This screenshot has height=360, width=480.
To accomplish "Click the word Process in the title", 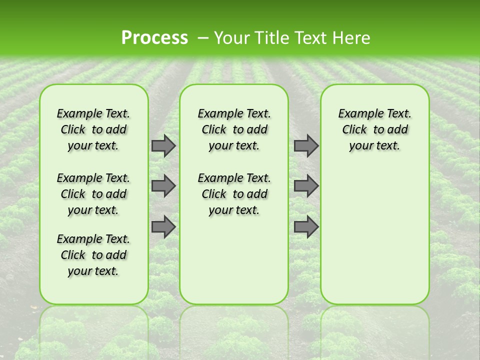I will pyautogui.click(x=154, y=38).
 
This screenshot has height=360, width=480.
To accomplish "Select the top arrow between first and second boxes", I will pyautogui.click(x=163, y=146).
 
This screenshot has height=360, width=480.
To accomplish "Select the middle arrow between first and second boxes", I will pyautogui.click(x=163, y=186).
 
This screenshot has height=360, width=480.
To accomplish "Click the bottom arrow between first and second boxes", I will pyautogui.click(x=163, y=227).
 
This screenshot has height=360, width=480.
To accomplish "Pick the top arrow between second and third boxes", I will pyautogui.click(x=306, y=146).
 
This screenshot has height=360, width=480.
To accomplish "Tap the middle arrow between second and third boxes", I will pyautogui.click(x=306, y=186).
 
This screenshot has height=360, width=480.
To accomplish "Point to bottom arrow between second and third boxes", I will pyautogui.click(x=306, y=227).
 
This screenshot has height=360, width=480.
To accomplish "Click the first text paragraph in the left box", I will pyautogui.click(x=93, y=129).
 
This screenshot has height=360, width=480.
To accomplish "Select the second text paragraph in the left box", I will pyautogui.click(x=93, y=194).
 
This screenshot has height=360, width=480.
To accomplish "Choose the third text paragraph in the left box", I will pyautogui.click(x=93, y=255).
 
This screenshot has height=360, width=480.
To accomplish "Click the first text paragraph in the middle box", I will pyautogui.click(x=234, y=129).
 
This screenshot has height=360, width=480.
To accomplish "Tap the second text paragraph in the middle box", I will pyautogui.click(x=234, y=194).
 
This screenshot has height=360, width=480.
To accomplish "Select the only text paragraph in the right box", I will pyautogui.click(x=374, y=129).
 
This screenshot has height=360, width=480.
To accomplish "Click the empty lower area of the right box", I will pyautogui.click(x=374, y=235).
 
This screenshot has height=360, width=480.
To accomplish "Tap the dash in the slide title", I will pyautogui.click(x=203, y=38).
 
